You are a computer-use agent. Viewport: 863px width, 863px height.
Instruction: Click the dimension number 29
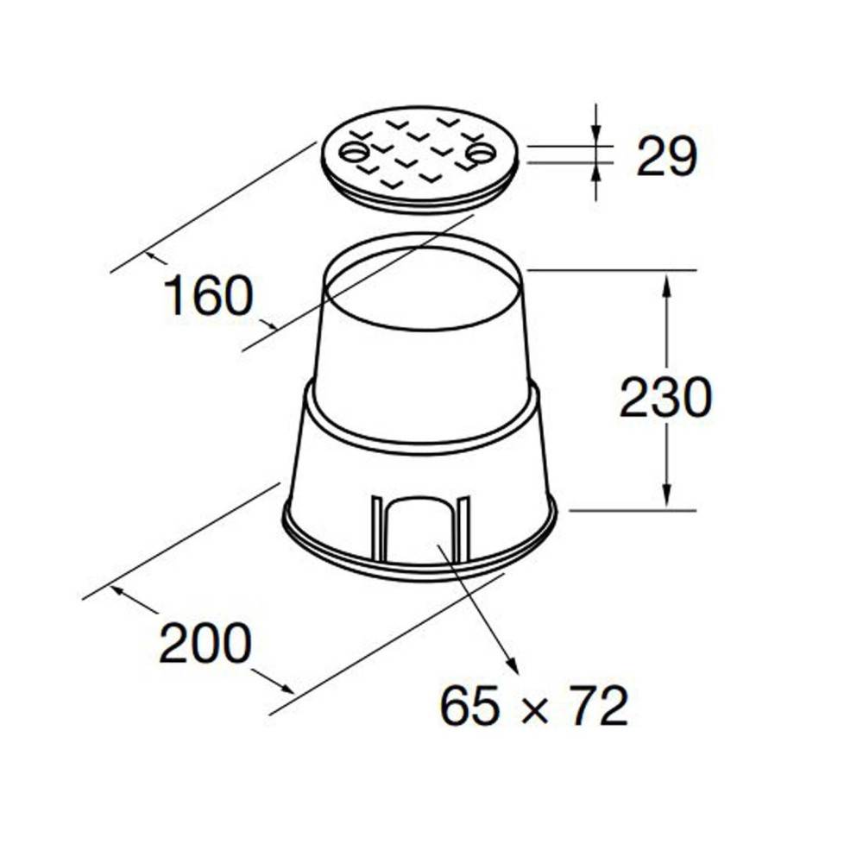point(666,157)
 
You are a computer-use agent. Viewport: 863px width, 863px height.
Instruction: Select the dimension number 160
point(209,296)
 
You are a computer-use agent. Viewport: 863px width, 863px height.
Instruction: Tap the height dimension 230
point(666,398)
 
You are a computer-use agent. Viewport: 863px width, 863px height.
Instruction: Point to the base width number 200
point(205,643)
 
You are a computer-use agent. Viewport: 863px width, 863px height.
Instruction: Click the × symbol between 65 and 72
point(534,709)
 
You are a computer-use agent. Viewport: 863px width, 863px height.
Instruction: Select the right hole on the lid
point(482,154)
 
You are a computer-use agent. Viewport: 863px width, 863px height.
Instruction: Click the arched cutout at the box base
point(420,531)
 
